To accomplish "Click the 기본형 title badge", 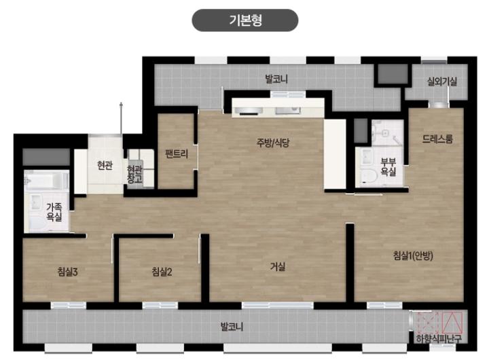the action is tap(244, 20).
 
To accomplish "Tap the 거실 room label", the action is tap(277, 266).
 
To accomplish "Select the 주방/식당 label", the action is tap(273, 143).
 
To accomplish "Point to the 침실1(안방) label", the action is tap(413, 256).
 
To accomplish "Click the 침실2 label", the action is tap(162, 272).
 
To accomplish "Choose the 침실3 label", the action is tap(67, 272).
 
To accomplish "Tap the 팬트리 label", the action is tap(177, 154).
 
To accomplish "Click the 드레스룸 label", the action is tap(437, 139).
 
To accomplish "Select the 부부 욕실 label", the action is tap(388, 167).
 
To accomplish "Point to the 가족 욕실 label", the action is tap(54, 212).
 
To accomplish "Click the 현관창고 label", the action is tap(134, 174).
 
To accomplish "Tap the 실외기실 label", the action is tap(442, 82).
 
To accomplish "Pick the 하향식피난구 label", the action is tap(439, 338).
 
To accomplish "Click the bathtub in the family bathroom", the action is tap(47, 180).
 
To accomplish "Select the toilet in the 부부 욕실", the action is tap(369, 175).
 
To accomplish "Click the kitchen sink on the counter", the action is tap(287, 110).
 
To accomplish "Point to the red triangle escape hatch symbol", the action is tap(452, 323).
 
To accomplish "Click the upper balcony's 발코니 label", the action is tap(276, 79).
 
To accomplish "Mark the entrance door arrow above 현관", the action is tap(121, 119).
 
